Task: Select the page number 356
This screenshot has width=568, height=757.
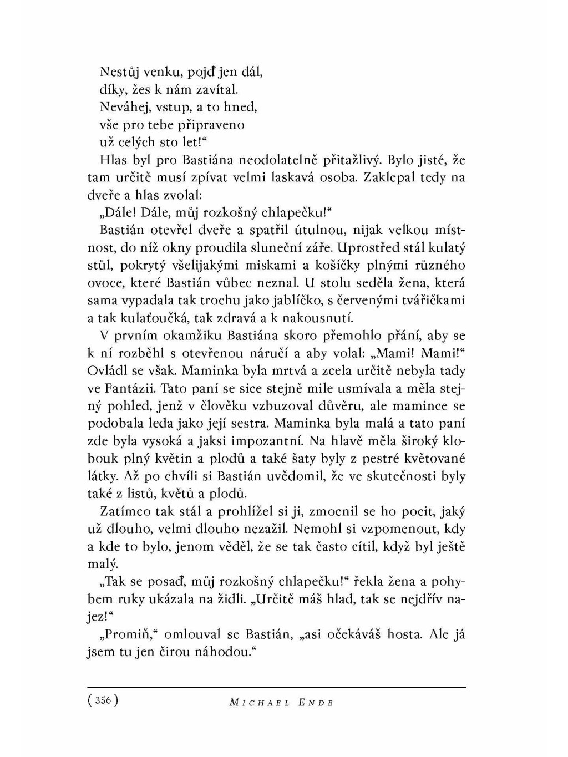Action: click(x=103, y=700)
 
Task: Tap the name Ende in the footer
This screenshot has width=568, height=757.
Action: click(x=315, y=702)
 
